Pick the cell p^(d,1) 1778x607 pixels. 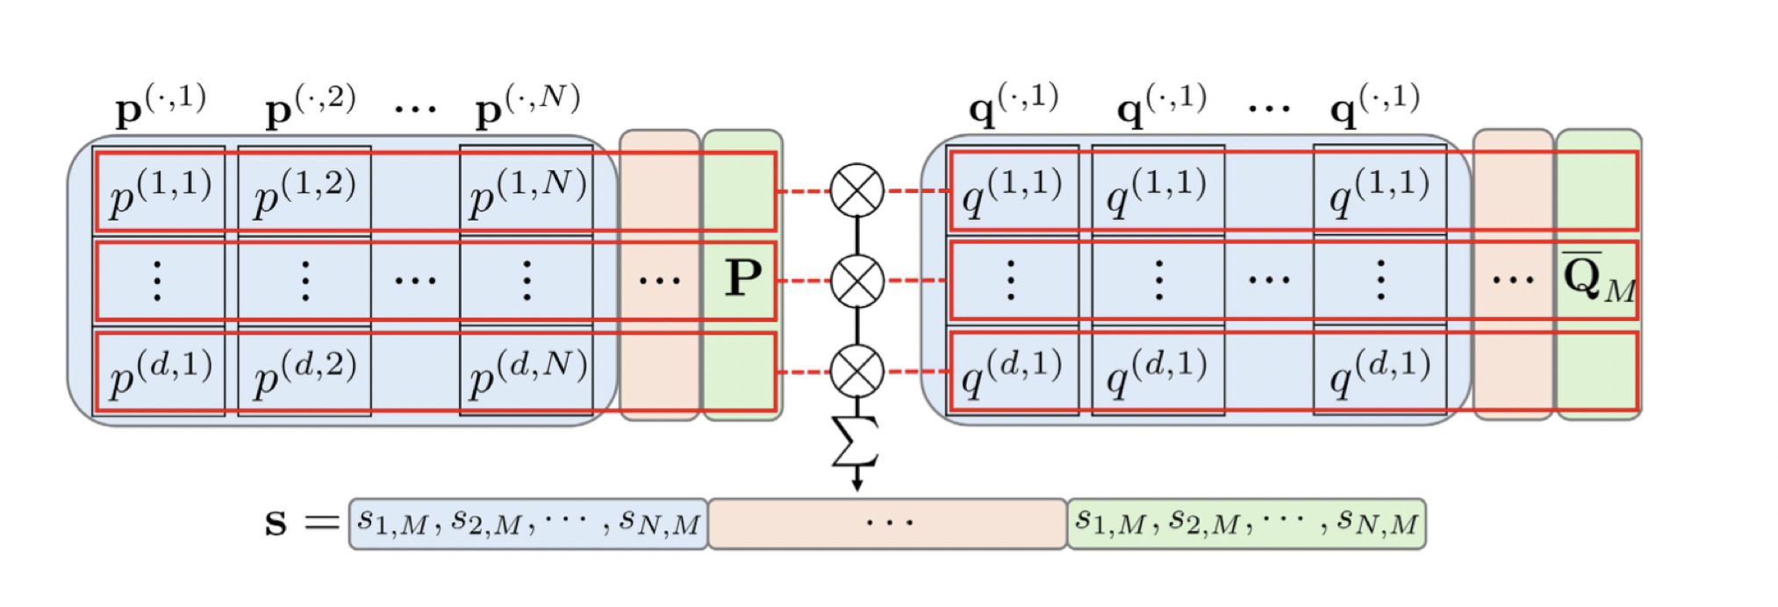pos(160,373)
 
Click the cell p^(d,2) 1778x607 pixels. pos(305,373)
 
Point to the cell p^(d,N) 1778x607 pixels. pos(527,373)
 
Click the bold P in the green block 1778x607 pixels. pos(742,278)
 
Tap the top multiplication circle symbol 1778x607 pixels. pos(857,190)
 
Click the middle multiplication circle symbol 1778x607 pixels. pos(857,282)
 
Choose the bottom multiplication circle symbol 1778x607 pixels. pos(857,372)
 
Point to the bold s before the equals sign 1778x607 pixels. pos(276,523)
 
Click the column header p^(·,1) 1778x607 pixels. pos(161,107)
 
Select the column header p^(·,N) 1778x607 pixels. pos(527,107)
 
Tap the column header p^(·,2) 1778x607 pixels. pos(310,107)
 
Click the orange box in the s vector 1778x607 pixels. pos(887,524)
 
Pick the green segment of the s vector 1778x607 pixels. pos(1246,524)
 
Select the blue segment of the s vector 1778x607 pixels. pos(528,524)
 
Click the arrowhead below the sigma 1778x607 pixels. pos(857,484)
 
